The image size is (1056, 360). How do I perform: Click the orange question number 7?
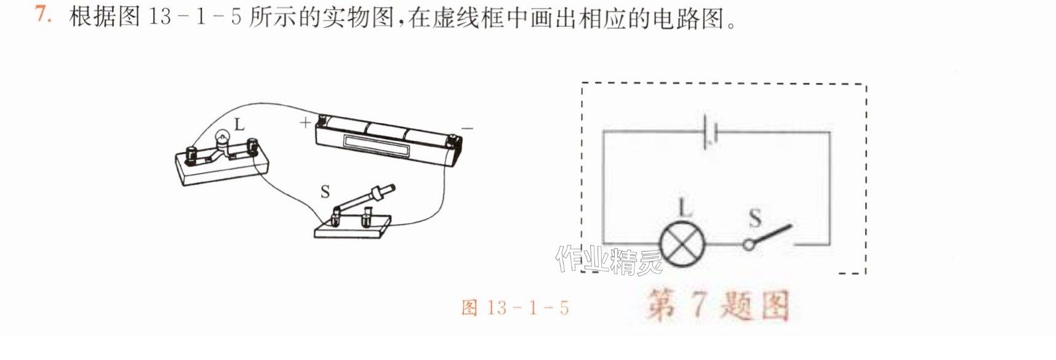(x=43, y=14)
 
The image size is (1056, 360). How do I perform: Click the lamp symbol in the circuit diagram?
(x=682, y=244)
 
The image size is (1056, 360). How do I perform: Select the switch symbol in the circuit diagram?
(x=769, y=238)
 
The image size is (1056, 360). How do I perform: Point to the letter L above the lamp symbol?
(x=685, y=207)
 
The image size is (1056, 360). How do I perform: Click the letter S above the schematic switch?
(x=755, y=217)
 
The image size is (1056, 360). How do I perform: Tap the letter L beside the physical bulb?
(x=239, y=124)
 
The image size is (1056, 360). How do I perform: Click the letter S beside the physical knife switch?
(x=325, y=192)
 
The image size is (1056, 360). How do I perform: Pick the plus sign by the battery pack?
(x=305, y=122)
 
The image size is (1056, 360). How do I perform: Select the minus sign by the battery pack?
(x=467, y=129)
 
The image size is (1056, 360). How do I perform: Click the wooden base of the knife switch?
(x=353, y=227)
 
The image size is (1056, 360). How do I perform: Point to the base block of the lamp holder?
(x=222, y=167)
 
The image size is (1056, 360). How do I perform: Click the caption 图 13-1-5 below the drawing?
(x=515, y=307)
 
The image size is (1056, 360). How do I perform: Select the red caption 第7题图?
(x=718, y=305)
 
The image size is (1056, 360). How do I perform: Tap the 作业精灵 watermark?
(x=609, y=260)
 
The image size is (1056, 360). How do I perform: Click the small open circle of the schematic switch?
(x=748, y=245)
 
